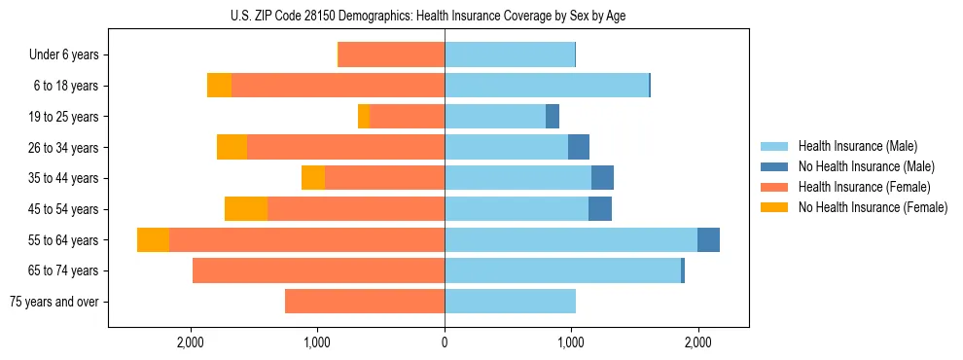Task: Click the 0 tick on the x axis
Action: (x=445, y=342)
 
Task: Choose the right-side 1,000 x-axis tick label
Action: (x=571, y=342)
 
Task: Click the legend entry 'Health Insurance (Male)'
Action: (x=857, y=146)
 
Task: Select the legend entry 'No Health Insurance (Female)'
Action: (x=873, y=207)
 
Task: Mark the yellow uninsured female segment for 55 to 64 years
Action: (x=153, y=240)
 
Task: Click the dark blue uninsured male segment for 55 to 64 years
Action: (x=708, y=240)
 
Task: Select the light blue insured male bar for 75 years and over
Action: (x=510, y=302)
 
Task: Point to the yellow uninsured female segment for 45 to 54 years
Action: (x=246, y=209)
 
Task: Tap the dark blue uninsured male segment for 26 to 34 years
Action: (x=579, y=148)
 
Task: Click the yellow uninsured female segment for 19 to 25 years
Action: (x=364, y=117)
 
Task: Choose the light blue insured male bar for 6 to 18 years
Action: (x=546, y=86)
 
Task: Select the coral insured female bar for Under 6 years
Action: (x=391, y=55)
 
